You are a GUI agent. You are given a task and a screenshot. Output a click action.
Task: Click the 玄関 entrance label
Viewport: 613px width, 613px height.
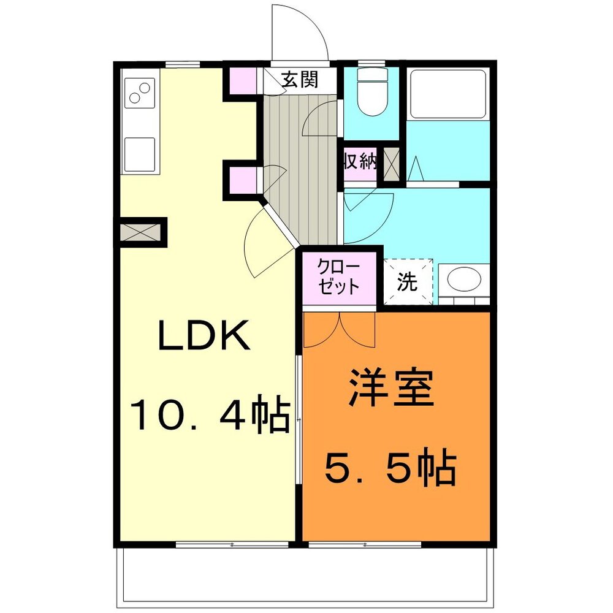click(300, 79)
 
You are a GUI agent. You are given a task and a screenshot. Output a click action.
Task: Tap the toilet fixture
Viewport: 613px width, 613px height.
click(373, 92)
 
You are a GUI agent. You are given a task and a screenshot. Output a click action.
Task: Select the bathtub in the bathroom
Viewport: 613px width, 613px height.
click(448, 93)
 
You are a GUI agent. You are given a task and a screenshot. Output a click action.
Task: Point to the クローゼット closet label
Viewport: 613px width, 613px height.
click(338, 277)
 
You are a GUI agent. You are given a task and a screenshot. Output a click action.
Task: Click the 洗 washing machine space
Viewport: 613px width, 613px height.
click(408, 281)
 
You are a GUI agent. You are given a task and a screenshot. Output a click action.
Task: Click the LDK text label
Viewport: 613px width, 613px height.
click(204, 335)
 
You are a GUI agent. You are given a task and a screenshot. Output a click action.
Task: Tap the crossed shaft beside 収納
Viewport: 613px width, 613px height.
click(391, 164)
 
